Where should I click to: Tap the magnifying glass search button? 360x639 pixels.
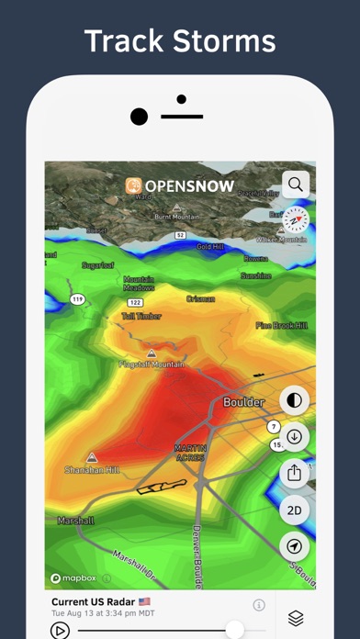point(295,184)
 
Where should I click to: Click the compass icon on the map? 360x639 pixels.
point(296,219)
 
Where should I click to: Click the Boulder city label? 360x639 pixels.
point(243,401)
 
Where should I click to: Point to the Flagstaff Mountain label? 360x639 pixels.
point(152,364)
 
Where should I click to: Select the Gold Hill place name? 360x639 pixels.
point(209,246)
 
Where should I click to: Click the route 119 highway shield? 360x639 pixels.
point(79,299)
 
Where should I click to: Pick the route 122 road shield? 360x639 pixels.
point(136,301)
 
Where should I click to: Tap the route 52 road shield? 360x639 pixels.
point(181,236)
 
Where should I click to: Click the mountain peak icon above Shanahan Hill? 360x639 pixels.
point(92,456)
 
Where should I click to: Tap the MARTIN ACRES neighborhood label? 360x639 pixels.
point(191,452)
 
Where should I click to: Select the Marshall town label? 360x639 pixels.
point(74,521)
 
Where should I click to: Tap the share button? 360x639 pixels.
point(295,473)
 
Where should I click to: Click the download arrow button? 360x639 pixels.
point(295,436)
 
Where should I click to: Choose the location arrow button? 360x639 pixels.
point(295,546)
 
